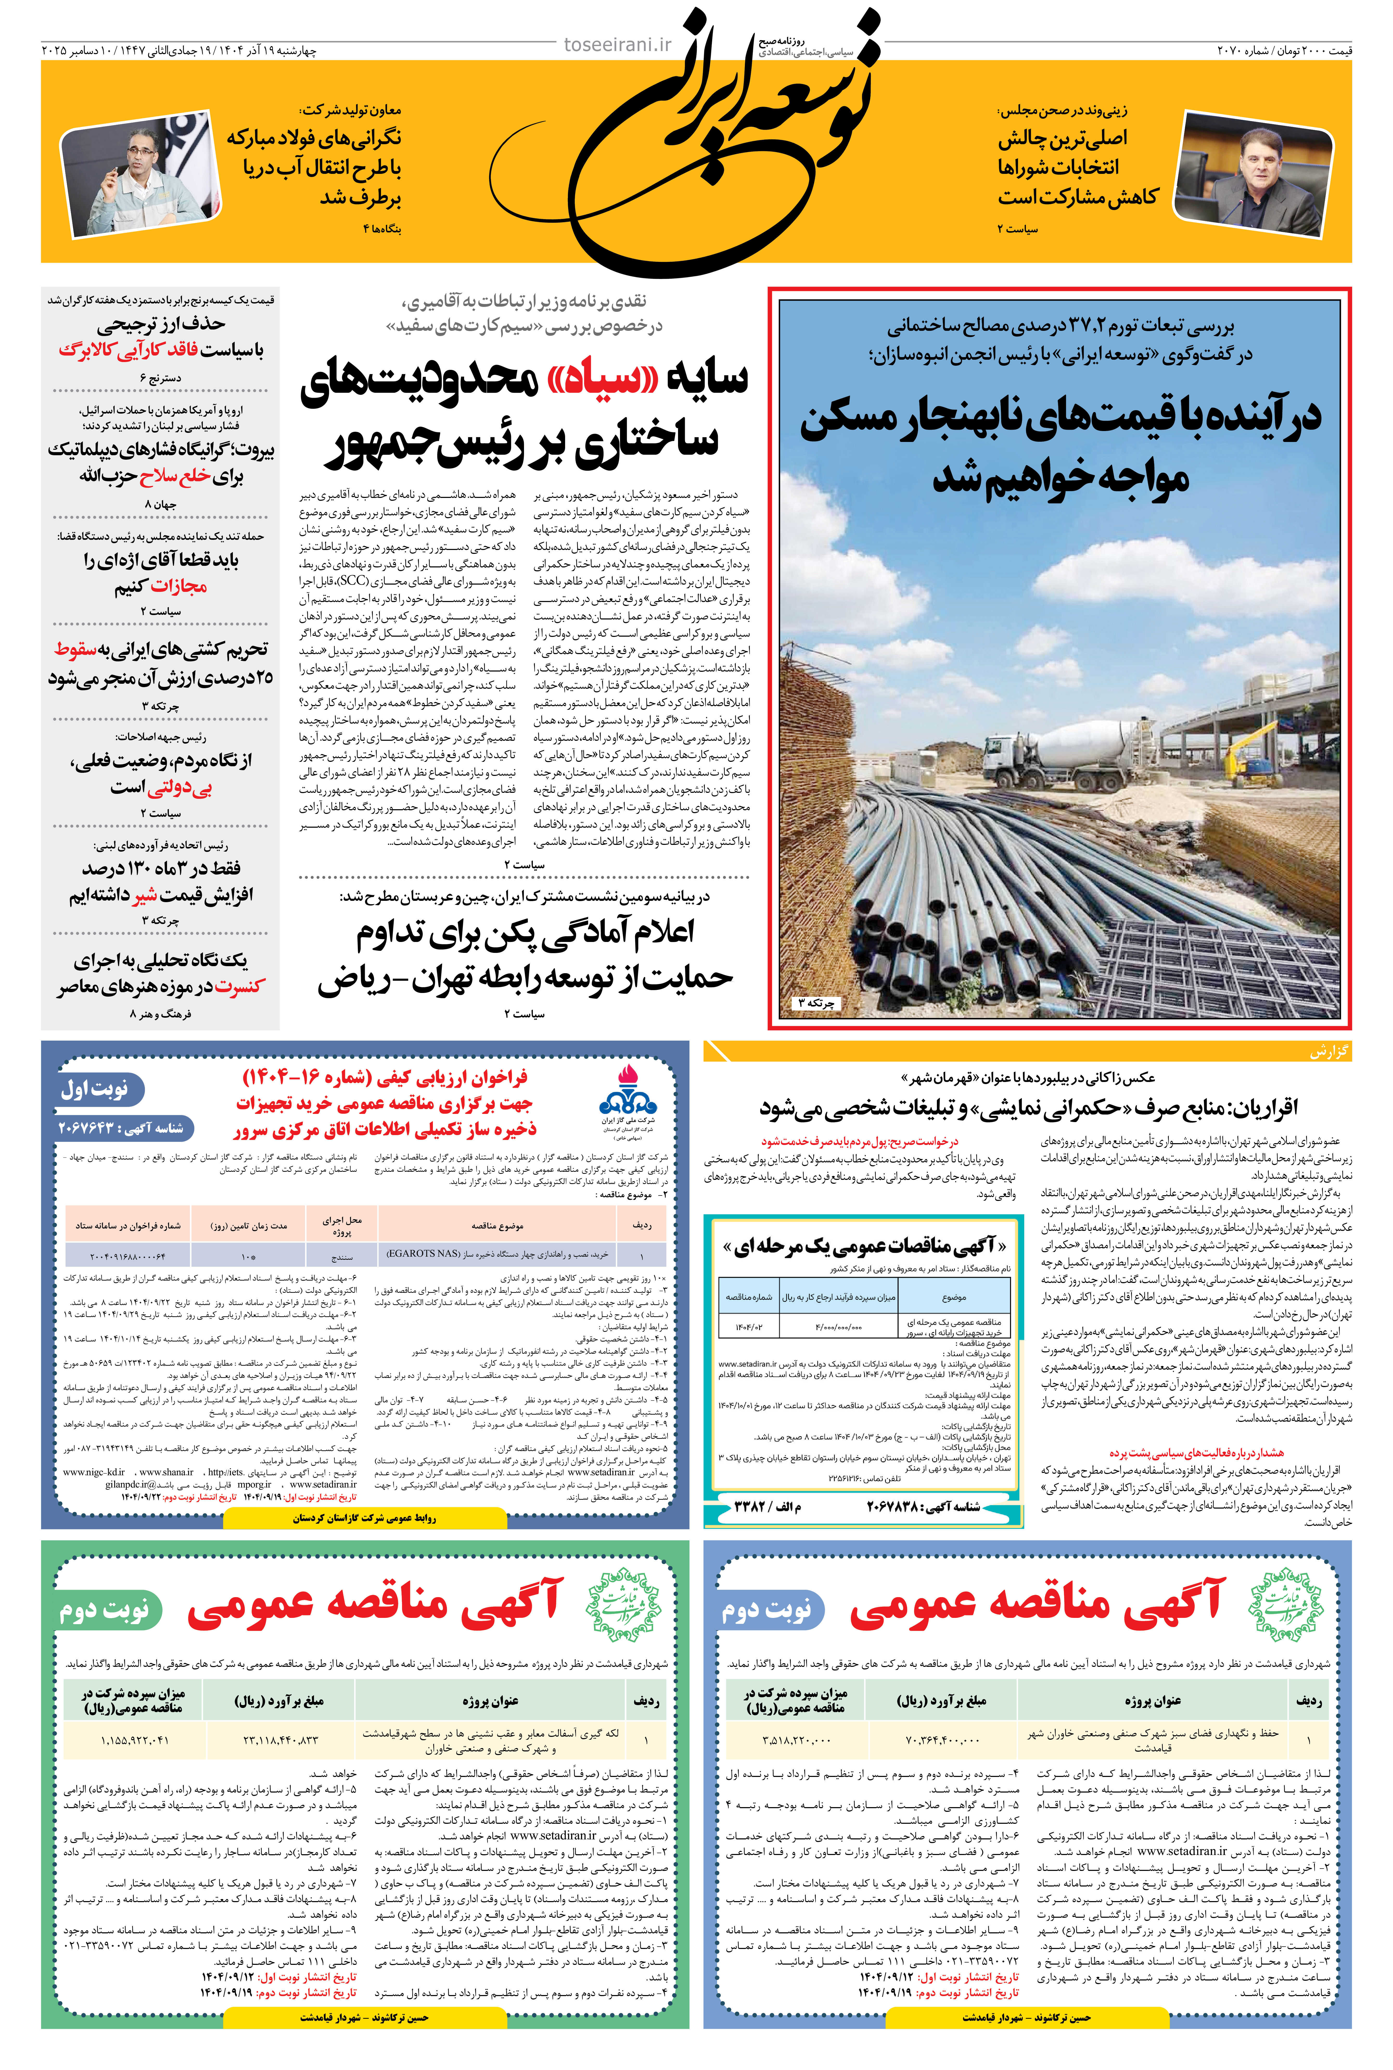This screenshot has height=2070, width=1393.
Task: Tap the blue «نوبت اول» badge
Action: [x=95, y=1089]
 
